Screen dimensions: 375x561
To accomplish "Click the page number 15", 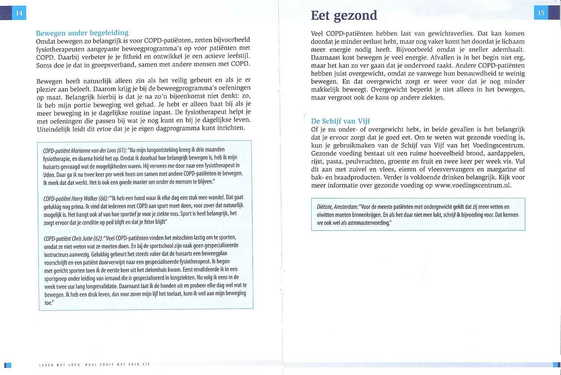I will (x=541, y=13).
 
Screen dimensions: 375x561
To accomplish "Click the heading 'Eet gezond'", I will (x=344, y=15).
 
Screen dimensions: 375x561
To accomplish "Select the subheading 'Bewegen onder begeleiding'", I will (x=82, y=33).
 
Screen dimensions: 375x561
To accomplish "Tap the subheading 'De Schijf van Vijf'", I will (x=340, y=121).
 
